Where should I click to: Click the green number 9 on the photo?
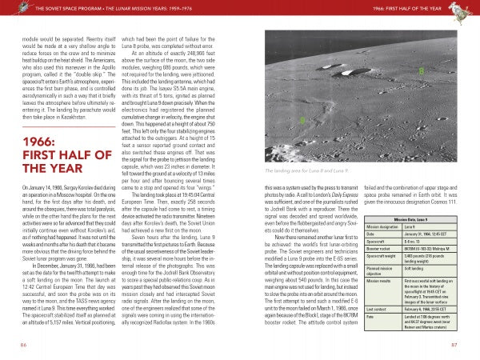[301, 120]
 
